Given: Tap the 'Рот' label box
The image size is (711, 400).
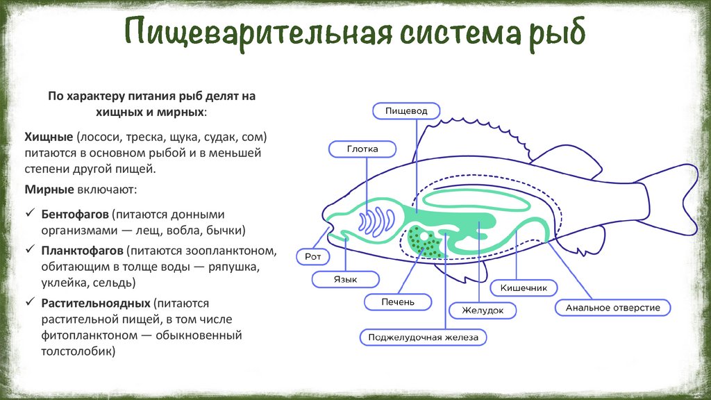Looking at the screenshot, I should click(310, 257).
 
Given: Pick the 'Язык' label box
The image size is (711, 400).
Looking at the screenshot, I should click(345, 279).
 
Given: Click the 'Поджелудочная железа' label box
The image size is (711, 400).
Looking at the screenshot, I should click(423, 337).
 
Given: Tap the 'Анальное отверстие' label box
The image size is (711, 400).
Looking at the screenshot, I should click(613, 307).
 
